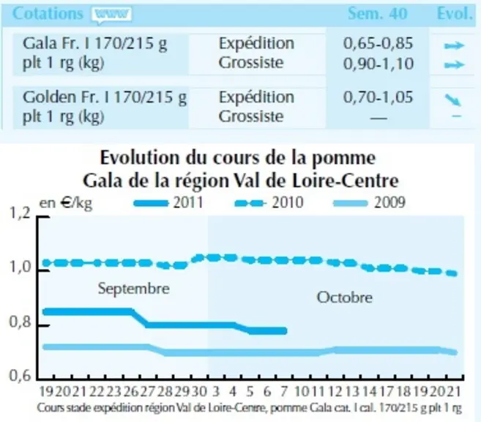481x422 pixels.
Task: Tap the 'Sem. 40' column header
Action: tap(377, 13)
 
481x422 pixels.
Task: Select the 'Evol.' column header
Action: tap(455, 13)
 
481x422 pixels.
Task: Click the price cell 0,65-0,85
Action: tap(378, 43)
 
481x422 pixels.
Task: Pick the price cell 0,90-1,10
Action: tap(379, 64)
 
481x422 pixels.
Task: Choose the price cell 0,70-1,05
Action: tap(378, 97)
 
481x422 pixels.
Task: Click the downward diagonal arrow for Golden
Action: tap(453, 100)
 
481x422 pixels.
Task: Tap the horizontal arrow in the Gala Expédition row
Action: tap(455, 45)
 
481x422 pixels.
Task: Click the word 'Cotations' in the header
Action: tap(48, 13)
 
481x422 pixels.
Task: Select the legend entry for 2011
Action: tap(168, 203)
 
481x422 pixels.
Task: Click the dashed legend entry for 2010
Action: tap(269, 203)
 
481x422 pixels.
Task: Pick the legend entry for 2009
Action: tap(369, 203)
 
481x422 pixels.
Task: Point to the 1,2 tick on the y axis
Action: tap(20, 213)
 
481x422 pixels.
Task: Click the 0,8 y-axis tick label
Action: tap(20, 322)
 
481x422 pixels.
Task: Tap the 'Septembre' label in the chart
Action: tap(134, 289)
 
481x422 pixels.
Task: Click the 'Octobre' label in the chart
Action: tap(345, 297)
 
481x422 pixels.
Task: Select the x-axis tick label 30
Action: tap(199, 392)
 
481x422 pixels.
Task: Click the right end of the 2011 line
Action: tap(286, 331)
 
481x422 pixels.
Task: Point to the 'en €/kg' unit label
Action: tap(66, 203)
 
